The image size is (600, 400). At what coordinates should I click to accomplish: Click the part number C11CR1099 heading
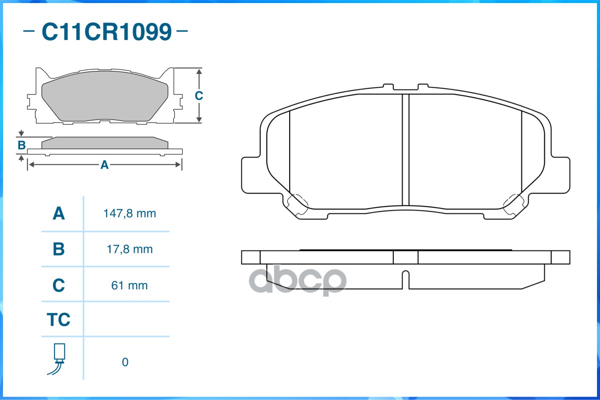click(107, 31)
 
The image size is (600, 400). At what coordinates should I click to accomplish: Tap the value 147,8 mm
click(130, 213)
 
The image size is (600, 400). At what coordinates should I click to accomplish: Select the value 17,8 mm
click(130, 249)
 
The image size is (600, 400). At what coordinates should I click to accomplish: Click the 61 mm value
click(129, 285)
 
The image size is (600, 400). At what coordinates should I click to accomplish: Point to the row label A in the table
click(59, 213)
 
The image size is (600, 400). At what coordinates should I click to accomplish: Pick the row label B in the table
click(59, 249)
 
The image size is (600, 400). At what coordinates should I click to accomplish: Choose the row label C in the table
click(59, 285)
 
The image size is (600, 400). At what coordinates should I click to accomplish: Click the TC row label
click(59, 319)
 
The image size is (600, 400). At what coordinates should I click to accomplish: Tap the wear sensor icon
click(57, 358)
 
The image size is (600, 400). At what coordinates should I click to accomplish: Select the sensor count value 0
click(125, 362)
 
